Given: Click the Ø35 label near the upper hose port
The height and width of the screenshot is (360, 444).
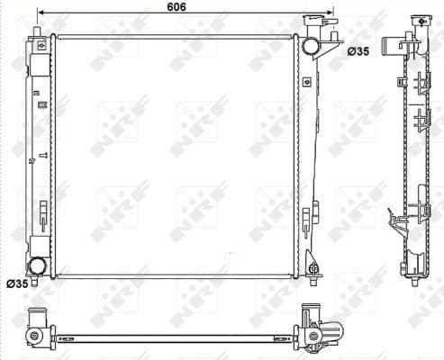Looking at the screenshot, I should click(358, 52).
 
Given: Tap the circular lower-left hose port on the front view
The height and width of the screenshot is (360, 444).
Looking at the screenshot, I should click(37, 266).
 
